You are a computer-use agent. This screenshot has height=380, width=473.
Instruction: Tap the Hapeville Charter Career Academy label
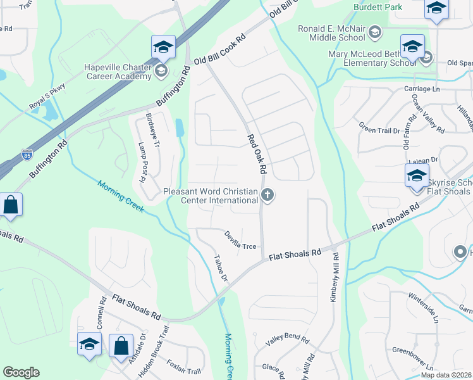click(118, 72)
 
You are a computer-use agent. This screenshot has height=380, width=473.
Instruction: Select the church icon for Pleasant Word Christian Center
click(267, 195)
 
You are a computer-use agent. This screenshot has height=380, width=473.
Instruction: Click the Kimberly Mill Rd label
click(335, 277)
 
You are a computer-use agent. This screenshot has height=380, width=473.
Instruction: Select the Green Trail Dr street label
click(379, 130)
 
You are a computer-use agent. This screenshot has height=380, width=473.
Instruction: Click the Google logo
click(21, 372)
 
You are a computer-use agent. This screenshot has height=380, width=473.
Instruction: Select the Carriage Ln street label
click(421, 89)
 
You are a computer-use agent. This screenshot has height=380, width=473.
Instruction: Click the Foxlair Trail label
click(183, 367)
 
